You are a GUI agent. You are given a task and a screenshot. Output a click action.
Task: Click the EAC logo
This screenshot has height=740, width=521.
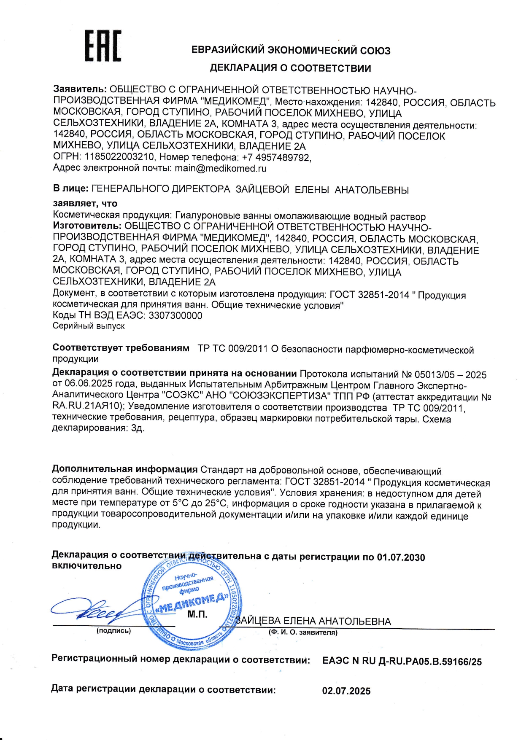tap(103, 46)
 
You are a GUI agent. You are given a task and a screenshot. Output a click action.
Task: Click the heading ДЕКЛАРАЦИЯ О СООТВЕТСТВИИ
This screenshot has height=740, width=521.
tap(290, 68)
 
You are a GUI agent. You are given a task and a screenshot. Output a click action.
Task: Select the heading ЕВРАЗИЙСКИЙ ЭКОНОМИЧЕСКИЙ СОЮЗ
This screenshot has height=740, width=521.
tap(291, 51)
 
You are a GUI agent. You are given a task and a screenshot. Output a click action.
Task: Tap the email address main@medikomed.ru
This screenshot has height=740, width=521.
tap(221, 168)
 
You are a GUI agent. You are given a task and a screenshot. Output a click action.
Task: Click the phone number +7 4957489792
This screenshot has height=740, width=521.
tap(276, 157)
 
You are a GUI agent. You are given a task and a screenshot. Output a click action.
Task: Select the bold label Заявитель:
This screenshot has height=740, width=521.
tap(80, 89)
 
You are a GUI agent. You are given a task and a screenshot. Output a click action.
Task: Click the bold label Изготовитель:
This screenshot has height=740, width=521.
tap(87, 226)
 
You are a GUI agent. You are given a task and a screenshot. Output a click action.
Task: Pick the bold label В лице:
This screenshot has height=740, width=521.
tap(70, 188)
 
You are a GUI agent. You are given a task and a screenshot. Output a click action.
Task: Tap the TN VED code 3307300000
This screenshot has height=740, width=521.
tap(175, 315)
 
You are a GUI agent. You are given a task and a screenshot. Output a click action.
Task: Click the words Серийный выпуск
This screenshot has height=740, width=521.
tap(89, 326)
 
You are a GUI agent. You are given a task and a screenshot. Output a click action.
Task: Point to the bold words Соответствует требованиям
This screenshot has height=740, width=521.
tap(121, 348)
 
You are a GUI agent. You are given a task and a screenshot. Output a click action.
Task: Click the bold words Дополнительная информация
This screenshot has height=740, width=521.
tap(125, 469)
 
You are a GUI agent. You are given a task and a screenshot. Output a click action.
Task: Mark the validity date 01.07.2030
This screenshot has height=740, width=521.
tap(401, 557)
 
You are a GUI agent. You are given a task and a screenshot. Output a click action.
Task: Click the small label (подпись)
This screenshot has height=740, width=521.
tap(114, 631)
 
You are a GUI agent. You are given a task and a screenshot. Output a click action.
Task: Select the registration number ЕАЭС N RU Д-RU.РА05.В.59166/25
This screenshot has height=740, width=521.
tap(402, 661)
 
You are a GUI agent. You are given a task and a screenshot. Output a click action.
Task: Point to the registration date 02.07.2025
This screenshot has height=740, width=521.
tap(346, 691)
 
